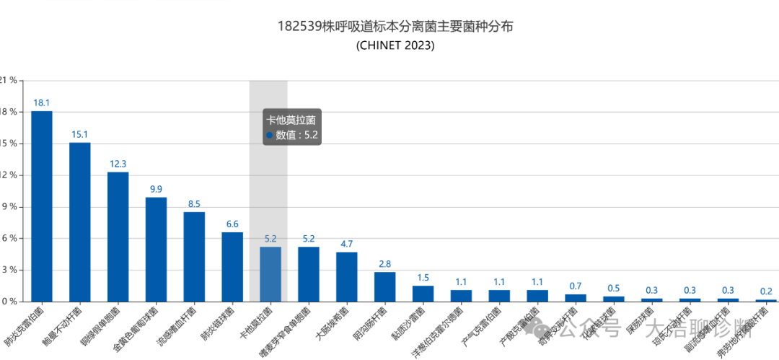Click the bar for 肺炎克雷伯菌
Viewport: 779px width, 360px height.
point(42,206)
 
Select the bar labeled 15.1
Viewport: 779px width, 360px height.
point(80,222)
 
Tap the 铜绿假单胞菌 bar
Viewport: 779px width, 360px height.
point(118,237)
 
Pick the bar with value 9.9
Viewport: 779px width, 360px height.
point(156,250)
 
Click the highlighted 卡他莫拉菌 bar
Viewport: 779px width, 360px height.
point(270,274)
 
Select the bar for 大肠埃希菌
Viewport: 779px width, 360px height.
point(347,277)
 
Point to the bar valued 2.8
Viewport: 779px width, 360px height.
point(385,287)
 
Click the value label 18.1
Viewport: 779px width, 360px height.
point(42,103)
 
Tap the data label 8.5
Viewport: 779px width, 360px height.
point(194,204)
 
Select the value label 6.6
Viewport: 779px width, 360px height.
point(232,224)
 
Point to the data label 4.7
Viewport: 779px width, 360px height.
point(347,244)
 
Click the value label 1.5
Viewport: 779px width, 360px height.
point(423,278)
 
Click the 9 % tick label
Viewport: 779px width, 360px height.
point(11,207)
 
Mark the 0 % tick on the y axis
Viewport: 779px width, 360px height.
point(11,302)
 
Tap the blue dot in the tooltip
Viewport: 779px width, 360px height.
point(269,135)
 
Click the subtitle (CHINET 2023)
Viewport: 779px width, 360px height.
point(395,45)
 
